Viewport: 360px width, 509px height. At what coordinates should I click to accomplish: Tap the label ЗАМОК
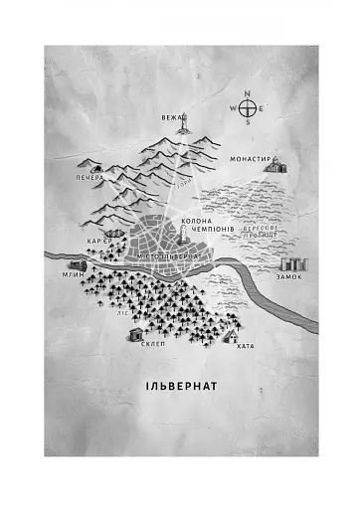click(x=290, y=276)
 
